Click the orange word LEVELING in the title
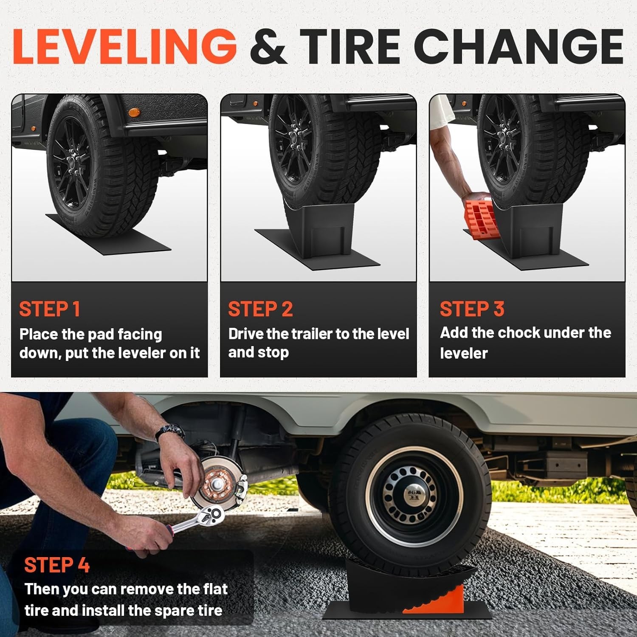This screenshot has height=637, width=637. click(x=124, y=46)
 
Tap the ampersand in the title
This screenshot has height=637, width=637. click(x=268, y=47)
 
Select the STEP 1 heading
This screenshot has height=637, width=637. click(x=50, y=309)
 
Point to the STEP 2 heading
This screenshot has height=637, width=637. click(x=260, y=309)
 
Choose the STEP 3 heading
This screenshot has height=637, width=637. click(x=472, y=309)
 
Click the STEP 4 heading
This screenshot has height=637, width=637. click(x=57, y=565)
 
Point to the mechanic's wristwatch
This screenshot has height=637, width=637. click(x=170, y=433)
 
